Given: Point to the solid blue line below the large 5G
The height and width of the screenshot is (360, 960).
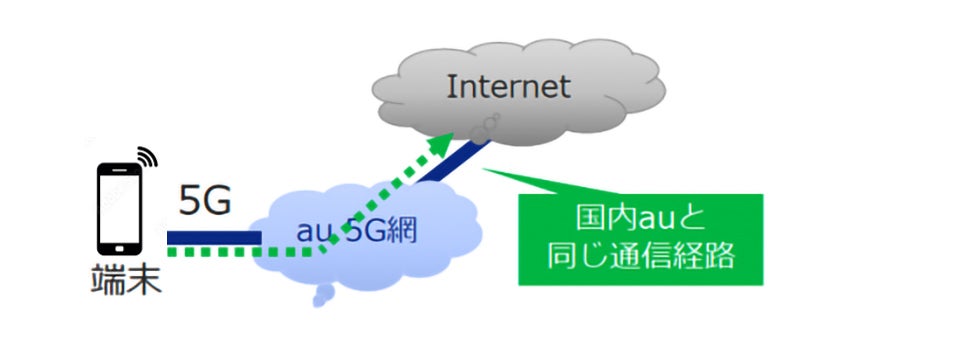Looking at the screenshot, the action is tap(214, 237).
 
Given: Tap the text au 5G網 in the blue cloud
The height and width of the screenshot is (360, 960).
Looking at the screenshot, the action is tap(357, 231).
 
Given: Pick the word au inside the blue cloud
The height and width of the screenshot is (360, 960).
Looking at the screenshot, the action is tap(311, 233).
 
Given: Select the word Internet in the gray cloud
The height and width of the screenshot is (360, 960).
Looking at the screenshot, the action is tap(508, 87).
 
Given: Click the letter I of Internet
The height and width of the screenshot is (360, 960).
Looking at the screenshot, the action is tap(451, 87).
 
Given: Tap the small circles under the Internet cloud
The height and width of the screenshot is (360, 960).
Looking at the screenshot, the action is tap(487, 126).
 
